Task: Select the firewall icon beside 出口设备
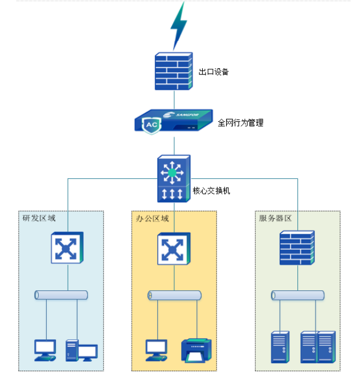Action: [x=174, y=72]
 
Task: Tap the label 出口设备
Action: [x=214, y=72]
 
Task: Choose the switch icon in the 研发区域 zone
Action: [x=68, y=248]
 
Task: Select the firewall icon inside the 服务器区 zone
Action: [x=297, y=248]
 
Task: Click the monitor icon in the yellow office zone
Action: [x=156, y=350]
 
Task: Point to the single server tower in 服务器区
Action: [x=280, y=347]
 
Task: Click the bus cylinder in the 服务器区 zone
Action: [x=297, y=295]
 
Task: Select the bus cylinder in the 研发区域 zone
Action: [x=61, y=295]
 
